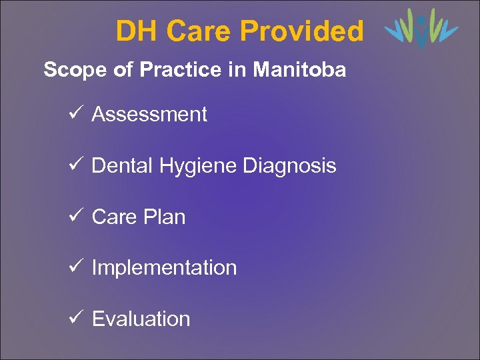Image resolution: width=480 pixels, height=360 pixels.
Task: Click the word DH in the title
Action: tap(137, 31)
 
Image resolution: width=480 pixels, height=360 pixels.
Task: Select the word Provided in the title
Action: tap(302, 31)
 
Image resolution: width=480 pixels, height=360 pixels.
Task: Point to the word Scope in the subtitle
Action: tap(71, 70)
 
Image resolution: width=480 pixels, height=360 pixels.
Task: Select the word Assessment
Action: tap(149, 115)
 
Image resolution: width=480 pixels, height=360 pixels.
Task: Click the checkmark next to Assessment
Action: tap(74, 114)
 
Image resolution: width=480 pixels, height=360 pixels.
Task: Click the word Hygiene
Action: tap(196, 166)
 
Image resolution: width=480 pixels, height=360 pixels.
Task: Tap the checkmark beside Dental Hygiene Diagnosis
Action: tap(74, 165)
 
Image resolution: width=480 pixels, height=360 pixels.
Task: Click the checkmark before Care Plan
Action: tap(74, 216)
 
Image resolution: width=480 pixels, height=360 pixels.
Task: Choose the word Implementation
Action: tap(164, 268)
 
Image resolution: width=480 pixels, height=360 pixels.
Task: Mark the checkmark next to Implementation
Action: tap(74, 267)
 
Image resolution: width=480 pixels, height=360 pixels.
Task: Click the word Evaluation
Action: tap(141, 319)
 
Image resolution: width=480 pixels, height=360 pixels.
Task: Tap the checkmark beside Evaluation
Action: tap(74, 318)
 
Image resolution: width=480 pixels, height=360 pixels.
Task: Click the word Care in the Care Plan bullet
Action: tap(114, 217)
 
